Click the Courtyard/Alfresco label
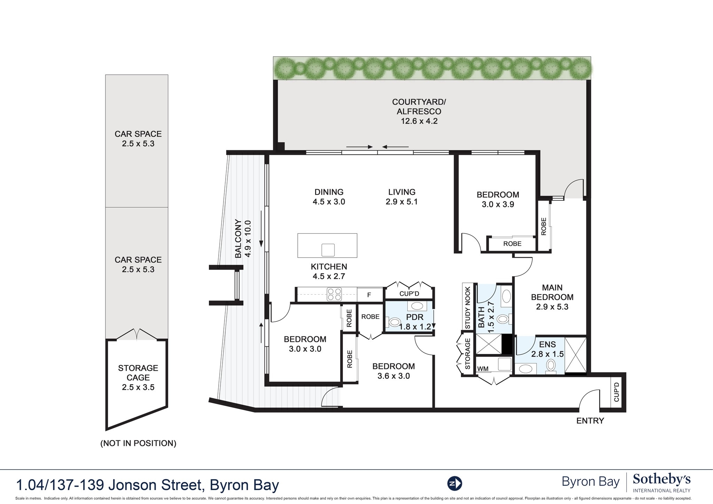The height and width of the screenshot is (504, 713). tap(419, 111)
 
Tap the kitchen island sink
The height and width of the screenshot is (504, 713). tap(328, 250)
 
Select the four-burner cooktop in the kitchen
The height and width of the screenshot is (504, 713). tap(334, 294)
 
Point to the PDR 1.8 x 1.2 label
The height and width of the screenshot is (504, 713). tap(415, 322)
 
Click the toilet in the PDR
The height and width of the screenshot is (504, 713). tap(393, 322)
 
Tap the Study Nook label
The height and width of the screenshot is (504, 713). tap(468, 307)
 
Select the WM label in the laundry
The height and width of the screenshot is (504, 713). tap(482, 369)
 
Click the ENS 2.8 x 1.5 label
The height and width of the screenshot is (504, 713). tap(547, 349)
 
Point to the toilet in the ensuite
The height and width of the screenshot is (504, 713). tap(551, 366)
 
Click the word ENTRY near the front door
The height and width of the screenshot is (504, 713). tap(590, 421)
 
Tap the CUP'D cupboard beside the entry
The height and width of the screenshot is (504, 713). tap(617, 392)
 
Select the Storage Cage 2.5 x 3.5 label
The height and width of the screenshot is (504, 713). tap(138, 377)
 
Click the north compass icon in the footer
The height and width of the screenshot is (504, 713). tap(454, 483)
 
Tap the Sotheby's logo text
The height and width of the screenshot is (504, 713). tap(661, 480)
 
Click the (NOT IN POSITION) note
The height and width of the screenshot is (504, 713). tap(138, 443)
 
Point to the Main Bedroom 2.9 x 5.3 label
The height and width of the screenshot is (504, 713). tap(552, 297)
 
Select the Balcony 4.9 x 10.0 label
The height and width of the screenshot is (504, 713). tap(243, 239)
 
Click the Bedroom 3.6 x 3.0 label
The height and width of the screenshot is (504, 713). tap(393, 371)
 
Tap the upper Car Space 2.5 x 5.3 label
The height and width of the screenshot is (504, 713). tap(138, 139)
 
